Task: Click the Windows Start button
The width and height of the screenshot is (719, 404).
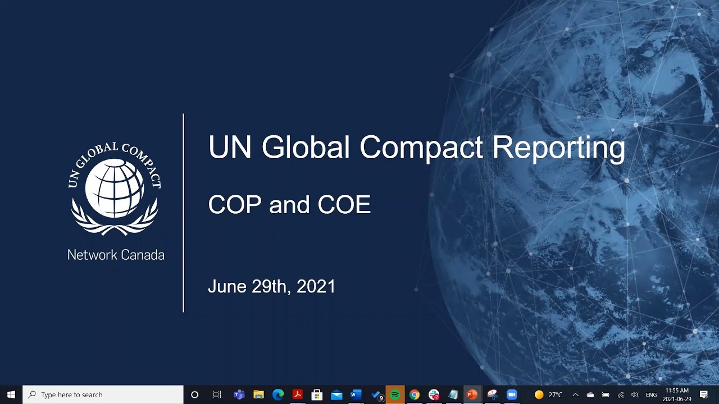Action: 11,395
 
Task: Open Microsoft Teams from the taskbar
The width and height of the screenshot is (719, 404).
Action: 239,395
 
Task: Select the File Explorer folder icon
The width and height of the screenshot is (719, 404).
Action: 258,395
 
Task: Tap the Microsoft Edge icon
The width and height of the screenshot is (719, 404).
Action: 278,395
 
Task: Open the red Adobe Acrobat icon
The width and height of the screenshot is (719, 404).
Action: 298,395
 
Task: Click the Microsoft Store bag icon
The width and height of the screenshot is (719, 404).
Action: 317,395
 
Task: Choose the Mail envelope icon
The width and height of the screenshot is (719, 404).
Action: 336,395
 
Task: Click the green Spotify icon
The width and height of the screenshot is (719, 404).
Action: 395,395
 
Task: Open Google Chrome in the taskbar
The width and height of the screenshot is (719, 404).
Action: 415,395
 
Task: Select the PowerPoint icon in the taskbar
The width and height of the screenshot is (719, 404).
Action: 472,395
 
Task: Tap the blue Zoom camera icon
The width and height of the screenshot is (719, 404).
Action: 511,395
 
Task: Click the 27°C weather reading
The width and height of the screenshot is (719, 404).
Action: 555,395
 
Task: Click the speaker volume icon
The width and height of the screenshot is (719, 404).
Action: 635,395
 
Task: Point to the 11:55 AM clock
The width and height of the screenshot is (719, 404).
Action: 677,391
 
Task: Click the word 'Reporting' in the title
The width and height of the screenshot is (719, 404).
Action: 558,148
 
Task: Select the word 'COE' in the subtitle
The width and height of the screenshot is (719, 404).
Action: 344,205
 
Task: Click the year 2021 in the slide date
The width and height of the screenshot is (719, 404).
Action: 316,287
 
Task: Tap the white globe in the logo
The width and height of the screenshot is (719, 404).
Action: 115,187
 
